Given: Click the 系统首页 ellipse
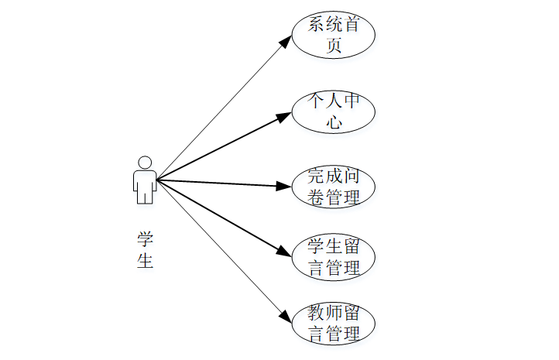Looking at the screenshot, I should coord(334,35).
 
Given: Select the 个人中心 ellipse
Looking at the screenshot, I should coord(334,111).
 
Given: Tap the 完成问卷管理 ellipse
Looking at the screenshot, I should coord(334,187).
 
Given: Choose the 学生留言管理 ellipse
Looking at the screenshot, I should coord(334,258).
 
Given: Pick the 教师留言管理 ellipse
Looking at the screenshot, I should coord(334,324).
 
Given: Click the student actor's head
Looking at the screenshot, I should coord(144,163).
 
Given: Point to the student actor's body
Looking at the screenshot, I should coord(144,186).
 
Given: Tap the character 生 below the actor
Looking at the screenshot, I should coord(145,261).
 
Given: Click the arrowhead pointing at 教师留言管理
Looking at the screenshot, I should coord(284,317).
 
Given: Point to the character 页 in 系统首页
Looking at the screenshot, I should coord(334,46).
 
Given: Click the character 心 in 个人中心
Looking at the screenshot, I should coord(334,122).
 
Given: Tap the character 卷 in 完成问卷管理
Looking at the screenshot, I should coord(315,197).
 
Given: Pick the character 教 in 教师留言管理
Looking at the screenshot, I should coord(315,314).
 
